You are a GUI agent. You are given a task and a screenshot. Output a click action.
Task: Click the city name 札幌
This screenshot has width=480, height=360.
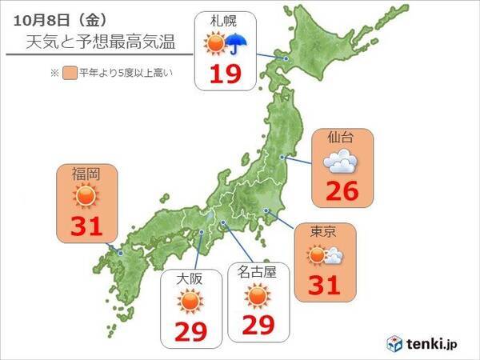pyautogui.click(x=223, y=22)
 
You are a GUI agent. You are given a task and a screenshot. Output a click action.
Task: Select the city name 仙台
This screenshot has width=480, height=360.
pyautogui.click(x=341, y=138)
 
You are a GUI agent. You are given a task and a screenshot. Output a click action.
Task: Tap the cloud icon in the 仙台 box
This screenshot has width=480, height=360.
pyautogui.click(x=341, y=163)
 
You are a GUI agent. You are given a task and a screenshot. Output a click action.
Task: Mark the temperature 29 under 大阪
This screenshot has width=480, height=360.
pyautogui.click(x=190, y=330)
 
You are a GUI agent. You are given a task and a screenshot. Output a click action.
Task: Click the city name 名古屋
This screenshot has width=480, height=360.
pyautogui.click(x=258, y=272)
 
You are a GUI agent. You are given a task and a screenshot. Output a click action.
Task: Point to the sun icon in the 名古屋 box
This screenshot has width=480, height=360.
pyautogui.click(x=258, y=298)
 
